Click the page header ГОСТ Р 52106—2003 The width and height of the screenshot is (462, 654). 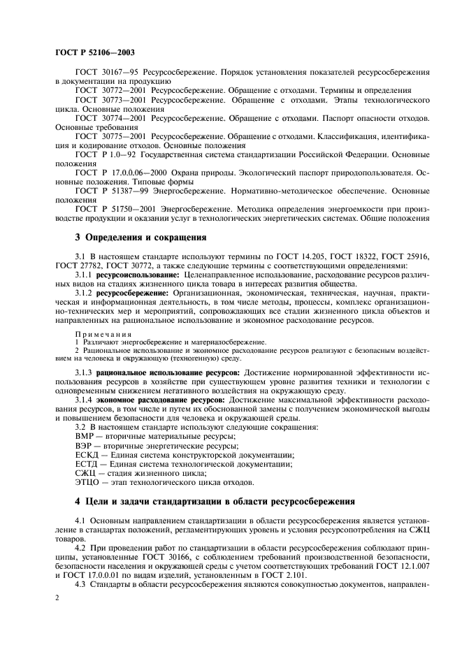94,52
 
